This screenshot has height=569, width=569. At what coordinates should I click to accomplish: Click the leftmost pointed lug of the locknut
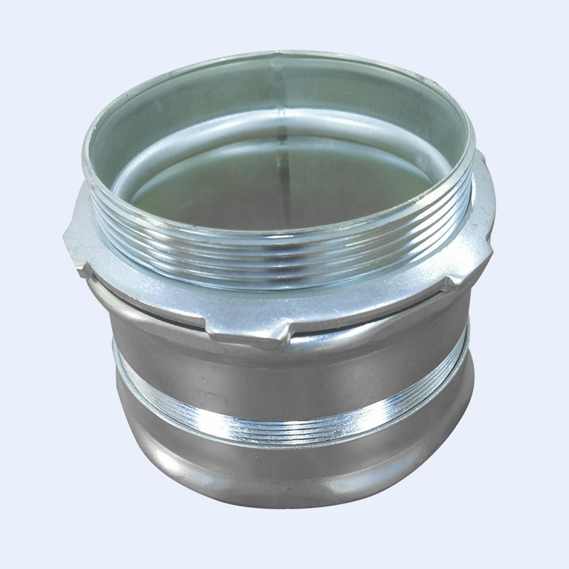click(x=71, y=235)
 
